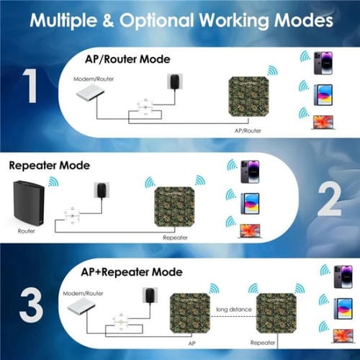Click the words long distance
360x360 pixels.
(231, 310)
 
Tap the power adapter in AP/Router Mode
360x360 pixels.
(174, 81)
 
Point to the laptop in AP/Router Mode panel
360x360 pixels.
(320, 122)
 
